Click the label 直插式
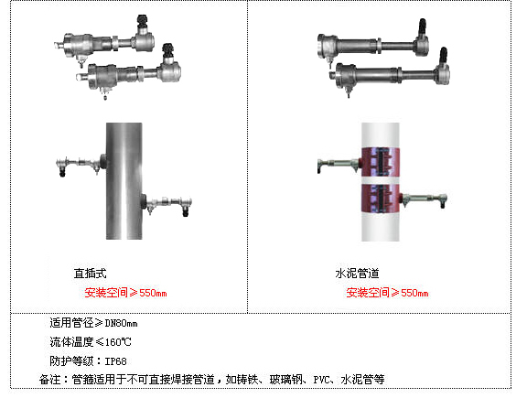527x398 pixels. (x=90, y=274)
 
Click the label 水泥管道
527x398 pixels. (x=357, y=274)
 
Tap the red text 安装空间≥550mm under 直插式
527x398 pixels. (x=125, y=293)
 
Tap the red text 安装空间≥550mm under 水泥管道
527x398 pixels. (x=387, y=293)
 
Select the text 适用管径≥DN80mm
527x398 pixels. (x=93, y=323)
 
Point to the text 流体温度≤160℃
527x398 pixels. (x=91, y=342)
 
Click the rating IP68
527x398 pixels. (x=116, y=361)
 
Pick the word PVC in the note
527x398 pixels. (x=321, y=380)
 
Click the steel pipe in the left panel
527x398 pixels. (x=124, y=181)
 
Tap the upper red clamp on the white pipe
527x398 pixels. (x=380, y=162)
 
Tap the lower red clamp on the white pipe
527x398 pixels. (x=380, y=199)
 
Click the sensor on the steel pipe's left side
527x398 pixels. (x=81, y=164)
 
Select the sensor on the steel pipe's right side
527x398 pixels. (x=167, y=203)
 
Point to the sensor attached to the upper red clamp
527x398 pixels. (x=339, y=165)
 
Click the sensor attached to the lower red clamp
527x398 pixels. (x=424, y=199)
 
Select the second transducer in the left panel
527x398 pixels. (x=129, y=71)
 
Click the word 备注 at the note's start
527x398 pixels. (x=49, y=380)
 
